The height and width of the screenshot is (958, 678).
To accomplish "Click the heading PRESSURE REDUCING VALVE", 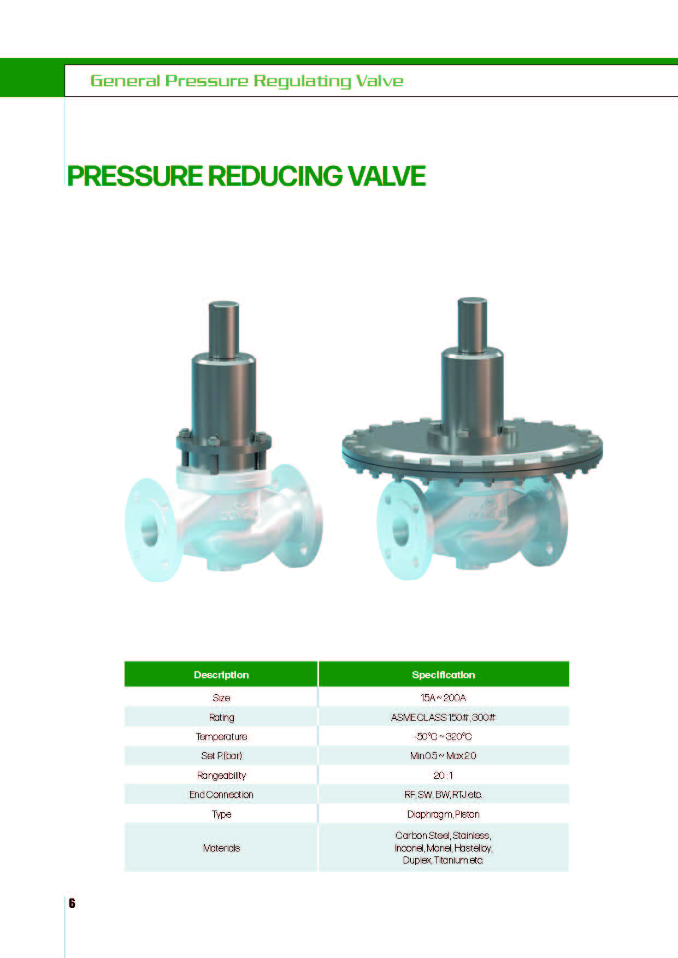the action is point(246,176).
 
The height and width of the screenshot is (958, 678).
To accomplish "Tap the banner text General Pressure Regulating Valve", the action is point(247,81).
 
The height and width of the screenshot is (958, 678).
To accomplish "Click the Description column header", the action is point(221,675).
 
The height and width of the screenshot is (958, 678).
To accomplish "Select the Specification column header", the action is point(443,675).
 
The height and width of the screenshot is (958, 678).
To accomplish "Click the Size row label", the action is point(221,698).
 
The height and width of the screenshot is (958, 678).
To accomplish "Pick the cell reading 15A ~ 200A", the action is point(443,698).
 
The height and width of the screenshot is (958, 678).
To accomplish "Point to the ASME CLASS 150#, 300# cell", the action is point(443,718).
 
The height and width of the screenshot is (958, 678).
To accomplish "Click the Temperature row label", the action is point(221,737).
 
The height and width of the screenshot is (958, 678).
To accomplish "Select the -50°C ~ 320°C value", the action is point(443,737).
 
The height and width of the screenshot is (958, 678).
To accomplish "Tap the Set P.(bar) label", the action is point(221,756).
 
